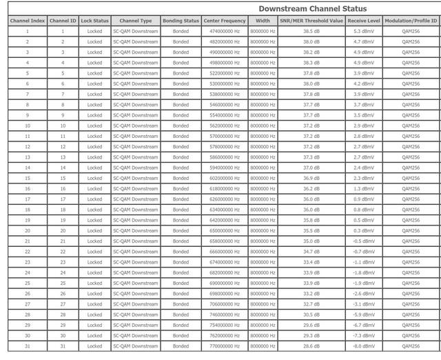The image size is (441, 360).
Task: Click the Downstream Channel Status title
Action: [x=308, y=9]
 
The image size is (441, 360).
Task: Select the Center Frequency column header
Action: [x=224, y=21]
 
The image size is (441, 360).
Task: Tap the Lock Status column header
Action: [x=94, y=21]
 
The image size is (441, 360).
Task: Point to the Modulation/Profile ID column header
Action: [x=411, y=21]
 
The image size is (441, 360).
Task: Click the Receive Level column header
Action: [x=364, y=21]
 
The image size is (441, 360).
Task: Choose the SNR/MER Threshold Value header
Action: [x=311, y=21]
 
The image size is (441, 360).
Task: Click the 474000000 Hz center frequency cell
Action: [x=224, y=31]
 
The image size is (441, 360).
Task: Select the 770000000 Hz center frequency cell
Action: [x=224, y=346]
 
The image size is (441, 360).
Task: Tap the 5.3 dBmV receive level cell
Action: [x=364, y=31]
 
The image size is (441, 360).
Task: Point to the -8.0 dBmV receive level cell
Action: [x=364, y=346]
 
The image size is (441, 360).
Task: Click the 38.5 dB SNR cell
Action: [x=311, y=31]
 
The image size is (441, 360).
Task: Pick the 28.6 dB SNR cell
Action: [x=311, y=346]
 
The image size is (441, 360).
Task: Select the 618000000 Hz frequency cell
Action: [x=224, y=188]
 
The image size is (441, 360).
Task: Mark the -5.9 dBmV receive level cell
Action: [x=364, y=314]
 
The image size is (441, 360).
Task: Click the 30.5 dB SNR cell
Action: [x=311, y=314]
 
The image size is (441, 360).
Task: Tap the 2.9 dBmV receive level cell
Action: [x=364, y=126]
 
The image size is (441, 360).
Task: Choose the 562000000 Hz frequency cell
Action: [x=224, y=126]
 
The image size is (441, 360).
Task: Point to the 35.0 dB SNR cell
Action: [x=311, y=241]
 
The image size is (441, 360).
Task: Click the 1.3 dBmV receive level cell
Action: [x=364, y=188]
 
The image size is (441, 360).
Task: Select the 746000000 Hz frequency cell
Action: [x=224, y=314]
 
